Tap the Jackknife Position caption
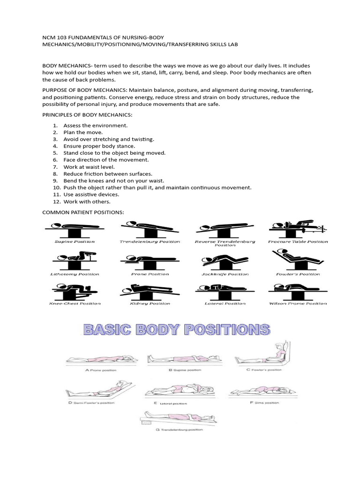tap(225, 274)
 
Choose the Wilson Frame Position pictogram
tap(298, 291)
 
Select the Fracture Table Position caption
tap(298, 242)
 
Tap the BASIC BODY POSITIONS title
tap(177, 330)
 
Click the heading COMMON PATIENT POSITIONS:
tap(83, 212)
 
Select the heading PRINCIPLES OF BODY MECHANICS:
tap(87, 115)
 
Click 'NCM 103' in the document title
tap(54, 36)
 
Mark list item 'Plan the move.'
tap(83, 133)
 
